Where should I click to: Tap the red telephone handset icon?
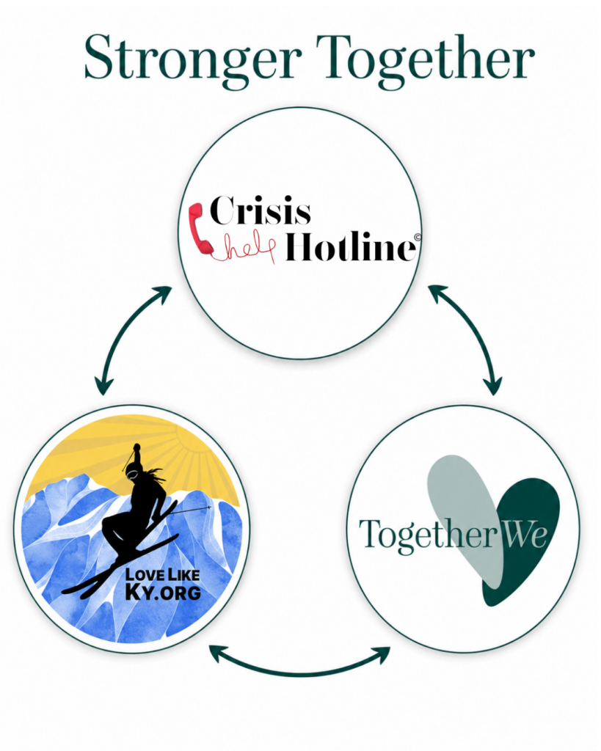pyautogui.click(x=200, y=229)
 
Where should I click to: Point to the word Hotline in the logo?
pyautogui.click(x=350, y=246)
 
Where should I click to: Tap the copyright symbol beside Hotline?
pyautogui.click(x=418, y=237)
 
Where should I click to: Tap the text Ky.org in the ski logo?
pyautogui.click(x=163, y=592)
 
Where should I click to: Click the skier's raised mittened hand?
pyautogui.click(x=136, y=449)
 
